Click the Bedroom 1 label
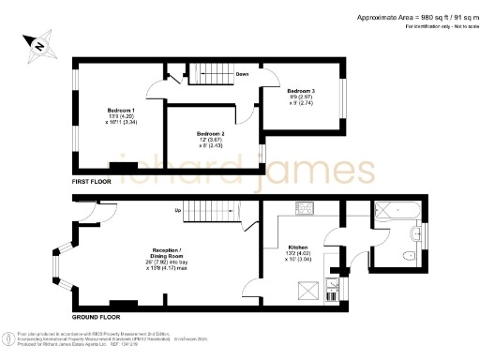120,111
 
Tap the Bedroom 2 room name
210,134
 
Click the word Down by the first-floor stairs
241,73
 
